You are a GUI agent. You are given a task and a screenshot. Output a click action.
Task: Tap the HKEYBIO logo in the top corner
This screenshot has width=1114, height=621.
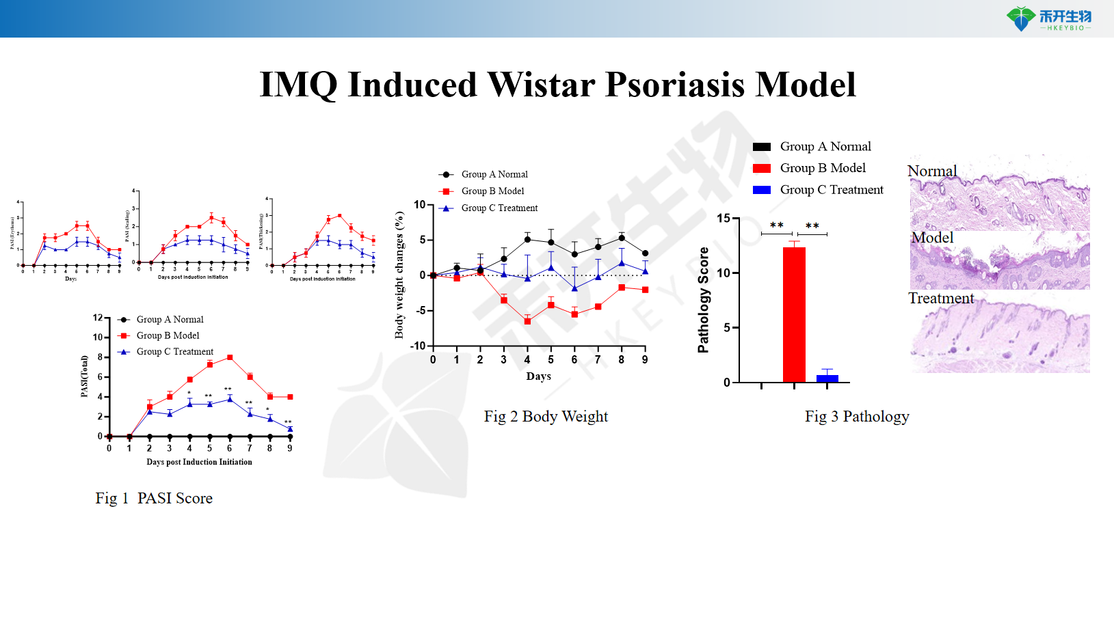1048,18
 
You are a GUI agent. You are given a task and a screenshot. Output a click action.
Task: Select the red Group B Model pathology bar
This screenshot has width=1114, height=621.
794,314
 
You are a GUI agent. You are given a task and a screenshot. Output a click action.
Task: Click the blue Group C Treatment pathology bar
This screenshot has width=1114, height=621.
827,378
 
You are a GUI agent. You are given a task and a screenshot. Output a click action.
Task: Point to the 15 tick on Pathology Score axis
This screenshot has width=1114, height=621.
724,219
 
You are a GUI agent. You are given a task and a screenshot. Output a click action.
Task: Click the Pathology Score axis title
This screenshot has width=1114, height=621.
703,300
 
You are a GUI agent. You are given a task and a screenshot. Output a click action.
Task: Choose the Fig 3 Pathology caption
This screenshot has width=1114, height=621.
857,417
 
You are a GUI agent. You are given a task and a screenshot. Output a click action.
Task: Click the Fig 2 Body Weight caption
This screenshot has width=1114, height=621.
546,417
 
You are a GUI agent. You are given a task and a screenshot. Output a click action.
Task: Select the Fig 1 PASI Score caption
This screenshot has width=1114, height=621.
154,499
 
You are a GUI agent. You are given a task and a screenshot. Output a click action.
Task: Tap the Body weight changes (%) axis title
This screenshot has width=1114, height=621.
399,275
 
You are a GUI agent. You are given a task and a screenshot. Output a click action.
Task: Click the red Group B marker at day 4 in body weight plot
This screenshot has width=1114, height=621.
527,321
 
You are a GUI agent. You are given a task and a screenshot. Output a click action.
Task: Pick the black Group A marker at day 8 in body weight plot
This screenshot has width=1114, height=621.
622,238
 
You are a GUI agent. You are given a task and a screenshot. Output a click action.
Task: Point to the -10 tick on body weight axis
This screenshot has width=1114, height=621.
418,346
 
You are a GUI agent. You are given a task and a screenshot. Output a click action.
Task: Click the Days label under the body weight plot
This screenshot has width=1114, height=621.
538,376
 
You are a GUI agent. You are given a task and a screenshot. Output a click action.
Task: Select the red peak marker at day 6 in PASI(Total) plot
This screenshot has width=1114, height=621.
230,357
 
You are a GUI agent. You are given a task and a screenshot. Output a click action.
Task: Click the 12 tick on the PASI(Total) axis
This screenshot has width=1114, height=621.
98,318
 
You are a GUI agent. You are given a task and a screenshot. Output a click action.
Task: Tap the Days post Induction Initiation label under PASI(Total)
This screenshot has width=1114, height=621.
199,463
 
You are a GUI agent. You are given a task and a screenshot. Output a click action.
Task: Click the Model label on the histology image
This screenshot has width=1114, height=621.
932,238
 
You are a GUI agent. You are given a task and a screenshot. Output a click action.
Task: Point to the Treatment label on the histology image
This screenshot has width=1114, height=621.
941,299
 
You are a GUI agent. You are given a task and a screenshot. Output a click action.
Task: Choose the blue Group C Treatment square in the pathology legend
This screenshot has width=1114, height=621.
762,190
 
